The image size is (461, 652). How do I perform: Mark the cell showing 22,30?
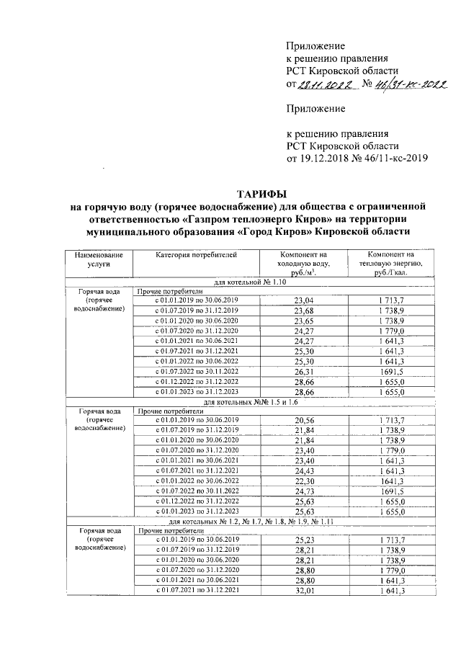click(305, 478)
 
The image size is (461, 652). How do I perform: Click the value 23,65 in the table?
click(305, 320)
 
